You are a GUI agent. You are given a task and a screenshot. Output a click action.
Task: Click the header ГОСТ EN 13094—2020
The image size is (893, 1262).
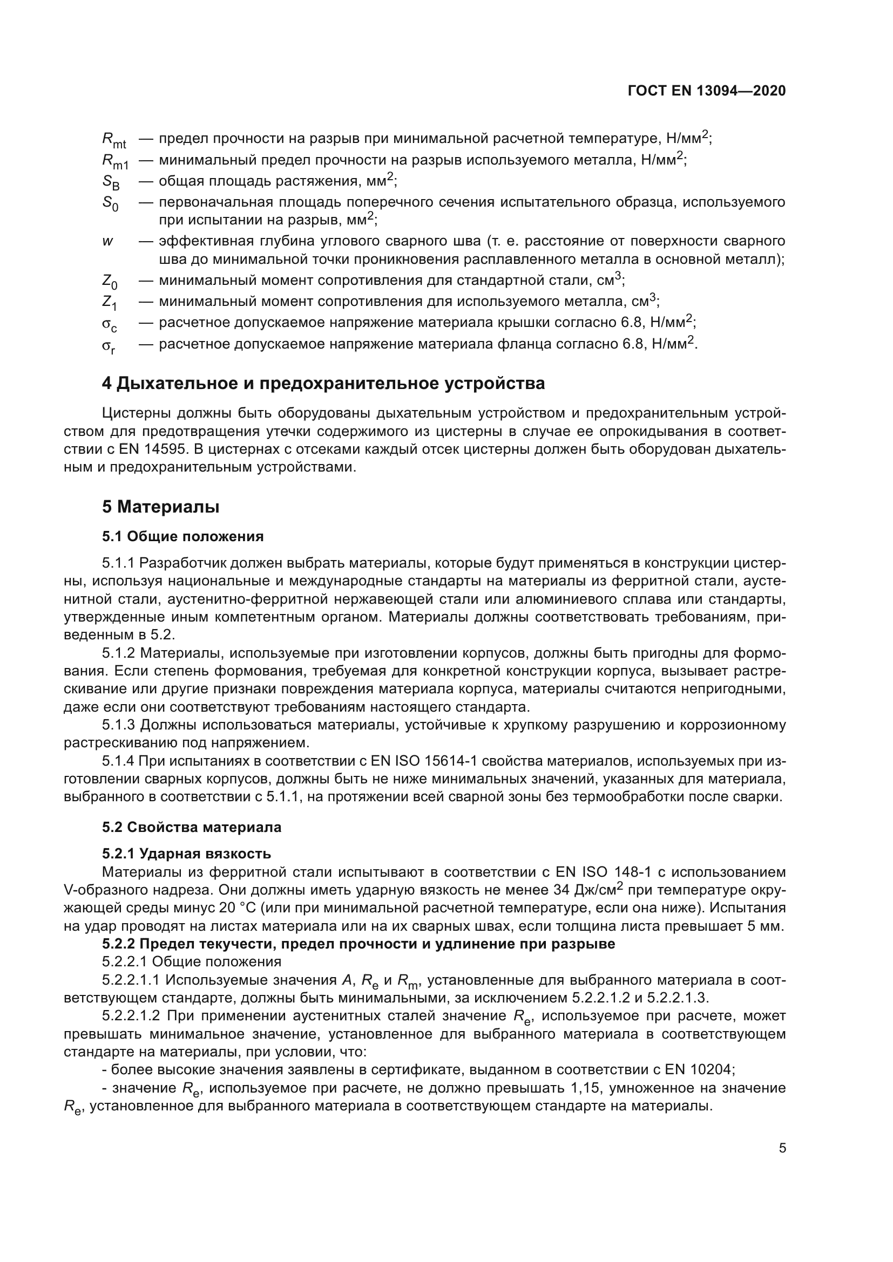coord(706,91)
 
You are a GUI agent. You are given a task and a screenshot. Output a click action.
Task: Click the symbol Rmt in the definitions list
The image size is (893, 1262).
coord(114,141)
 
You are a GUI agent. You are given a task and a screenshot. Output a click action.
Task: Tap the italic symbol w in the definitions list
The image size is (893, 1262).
coord(107,241)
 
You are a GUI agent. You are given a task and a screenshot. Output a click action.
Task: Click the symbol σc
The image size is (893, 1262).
coord(109,324)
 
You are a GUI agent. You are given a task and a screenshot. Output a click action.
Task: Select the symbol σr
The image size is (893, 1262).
coord(109,346)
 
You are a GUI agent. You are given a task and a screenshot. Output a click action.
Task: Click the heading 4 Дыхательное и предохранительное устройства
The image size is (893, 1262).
coord(323,383)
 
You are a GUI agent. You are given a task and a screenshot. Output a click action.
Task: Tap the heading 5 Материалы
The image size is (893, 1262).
coord(160,506)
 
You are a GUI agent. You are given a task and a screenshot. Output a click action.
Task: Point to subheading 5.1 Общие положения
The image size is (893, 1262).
coord(182,536)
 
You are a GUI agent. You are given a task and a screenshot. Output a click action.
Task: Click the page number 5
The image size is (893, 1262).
coord(782,1148)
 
